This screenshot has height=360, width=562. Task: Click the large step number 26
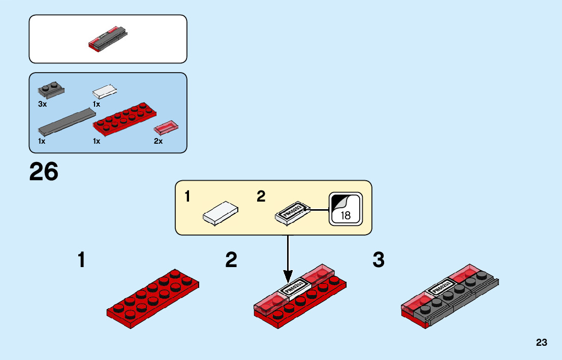[44, 172]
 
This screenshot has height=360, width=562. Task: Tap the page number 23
[541, 343]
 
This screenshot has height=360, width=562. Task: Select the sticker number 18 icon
[346, 209]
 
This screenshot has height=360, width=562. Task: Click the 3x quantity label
[42, 104]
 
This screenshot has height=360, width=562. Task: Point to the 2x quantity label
[158, 141]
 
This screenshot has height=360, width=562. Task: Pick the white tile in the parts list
[106, 91]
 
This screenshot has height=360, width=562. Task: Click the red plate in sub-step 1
[152, 297]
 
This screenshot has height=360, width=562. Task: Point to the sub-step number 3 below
[379, 260]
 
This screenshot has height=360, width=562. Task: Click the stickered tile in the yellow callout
[292, 212]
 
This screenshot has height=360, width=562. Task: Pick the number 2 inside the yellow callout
[261, 197]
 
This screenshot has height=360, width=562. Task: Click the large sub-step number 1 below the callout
[81, 260]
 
